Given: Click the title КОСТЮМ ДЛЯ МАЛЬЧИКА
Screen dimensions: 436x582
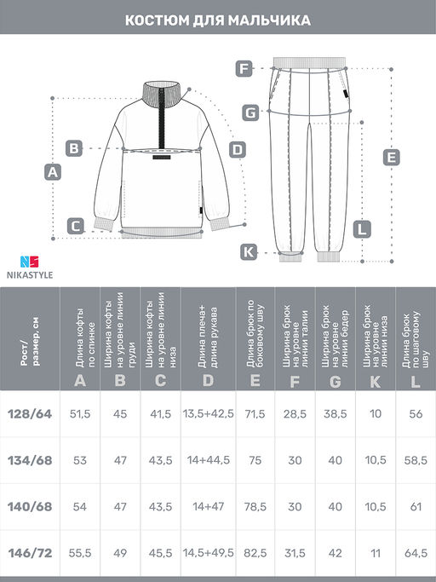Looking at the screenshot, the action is coord(218,20).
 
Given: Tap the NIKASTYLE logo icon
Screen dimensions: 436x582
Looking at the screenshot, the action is coord(29,262).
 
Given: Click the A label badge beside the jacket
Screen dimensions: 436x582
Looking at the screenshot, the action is coord(53,172).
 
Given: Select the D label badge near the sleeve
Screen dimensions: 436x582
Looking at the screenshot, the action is coord(237,150).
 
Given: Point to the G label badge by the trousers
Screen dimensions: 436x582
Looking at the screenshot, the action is coord(251,112).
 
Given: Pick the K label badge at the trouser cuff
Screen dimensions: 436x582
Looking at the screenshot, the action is coord(249,252).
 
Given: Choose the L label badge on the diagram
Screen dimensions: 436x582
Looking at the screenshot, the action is coord(362,229).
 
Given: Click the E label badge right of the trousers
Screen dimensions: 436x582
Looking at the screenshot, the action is coord(392,158).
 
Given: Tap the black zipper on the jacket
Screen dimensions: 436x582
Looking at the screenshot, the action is coord(162,118).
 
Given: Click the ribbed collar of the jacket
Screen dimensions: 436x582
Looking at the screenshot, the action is coord(162,95).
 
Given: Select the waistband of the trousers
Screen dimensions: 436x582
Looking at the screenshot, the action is coord(309,62).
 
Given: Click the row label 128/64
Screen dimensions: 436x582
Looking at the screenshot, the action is coord(30,414).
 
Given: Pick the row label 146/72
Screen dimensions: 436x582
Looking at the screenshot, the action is coord(30,553).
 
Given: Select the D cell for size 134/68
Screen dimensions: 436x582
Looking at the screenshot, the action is coord(208,460).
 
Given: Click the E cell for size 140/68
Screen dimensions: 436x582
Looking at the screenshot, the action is coord(255,507).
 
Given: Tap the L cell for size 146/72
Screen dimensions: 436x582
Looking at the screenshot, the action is coord(416,553).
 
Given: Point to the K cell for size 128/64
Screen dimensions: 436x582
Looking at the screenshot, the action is coord(376,414).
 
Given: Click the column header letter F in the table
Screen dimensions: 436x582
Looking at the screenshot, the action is coord(295,381).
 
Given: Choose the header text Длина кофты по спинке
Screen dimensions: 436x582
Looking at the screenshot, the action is coord(85,337).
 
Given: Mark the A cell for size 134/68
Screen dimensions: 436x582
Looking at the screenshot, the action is coord(80,460).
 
